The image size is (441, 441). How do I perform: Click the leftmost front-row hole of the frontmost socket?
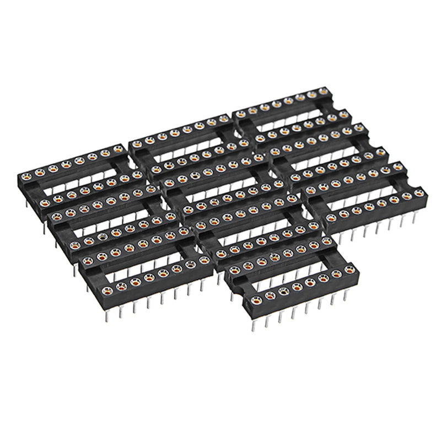(x=256, y=300)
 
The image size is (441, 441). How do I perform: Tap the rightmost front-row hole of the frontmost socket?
(x=349, y=270)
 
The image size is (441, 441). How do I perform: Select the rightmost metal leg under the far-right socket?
(x=414, y=218)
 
